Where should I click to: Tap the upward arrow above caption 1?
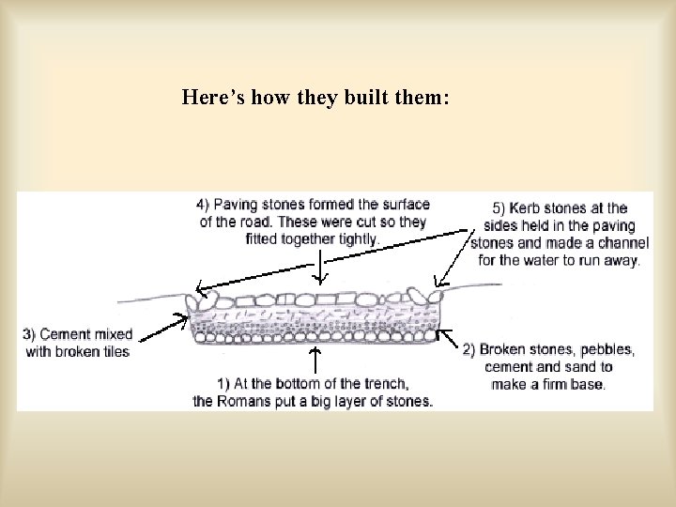coord(315,361)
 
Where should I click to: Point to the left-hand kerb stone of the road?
coord(200,300)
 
